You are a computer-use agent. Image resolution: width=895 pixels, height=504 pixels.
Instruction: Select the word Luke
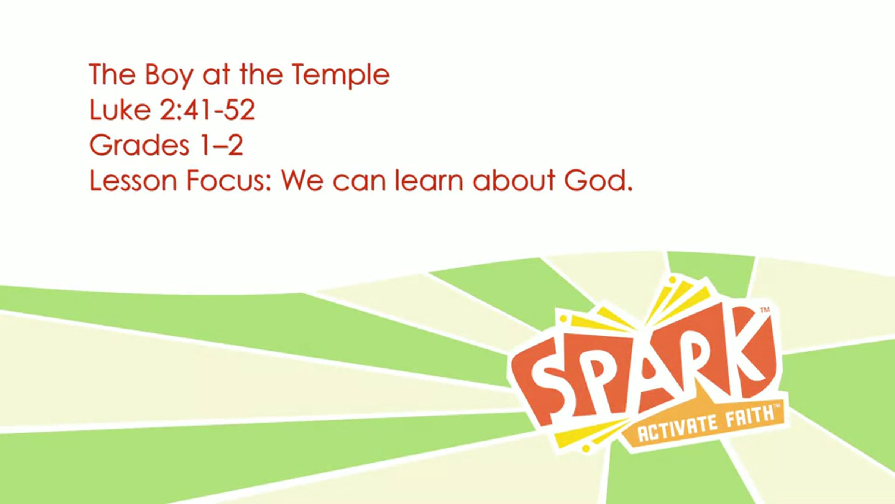click(120, 110)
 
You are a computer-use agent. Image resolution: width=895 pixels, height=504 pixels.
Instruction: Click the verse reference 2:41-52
click(208, 110)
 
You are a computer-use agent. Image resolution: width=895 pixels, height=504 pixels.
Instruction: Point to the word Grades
click(139, 145)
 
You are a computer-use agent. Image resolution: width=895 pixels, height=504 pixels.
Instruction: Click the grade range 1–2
click(222, 145)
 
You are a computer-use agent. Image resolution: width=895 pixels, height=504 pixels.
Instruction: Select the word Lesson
click(133, 181)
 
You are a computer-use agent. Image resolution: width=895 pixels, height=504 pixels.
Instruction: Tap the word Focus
click(229, 181)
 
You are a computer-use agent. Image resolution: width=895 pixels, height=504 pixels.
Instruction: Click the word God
click(598, 181)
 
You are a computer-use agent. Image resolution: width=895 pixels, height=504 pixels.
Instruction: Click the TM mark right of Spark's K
click(765, 309)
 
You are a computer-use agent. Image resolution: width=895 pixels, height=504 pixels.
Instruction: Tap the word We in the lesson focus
click(302, 181)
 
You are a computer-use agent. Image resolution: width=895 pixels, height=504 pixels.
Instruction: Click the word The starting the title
click(112, 75)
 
